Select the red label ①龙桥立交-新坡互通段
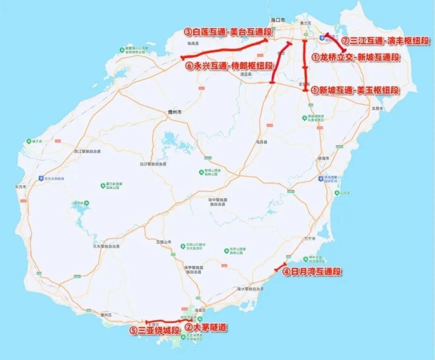(356, 58)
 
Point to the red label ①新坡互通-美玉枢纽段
(356, 90)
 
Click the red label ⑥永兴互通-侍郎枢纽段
(230, 65)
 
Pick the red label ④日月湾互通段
(312, 272)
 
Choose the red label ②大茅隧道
(206, 327)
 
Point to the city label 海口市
(278, 20)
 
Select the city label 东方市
(21, 187)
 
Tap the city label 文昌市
(377, 109)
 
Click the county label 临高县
(193, 43)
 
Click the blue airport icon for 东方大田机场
(42, 178)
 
